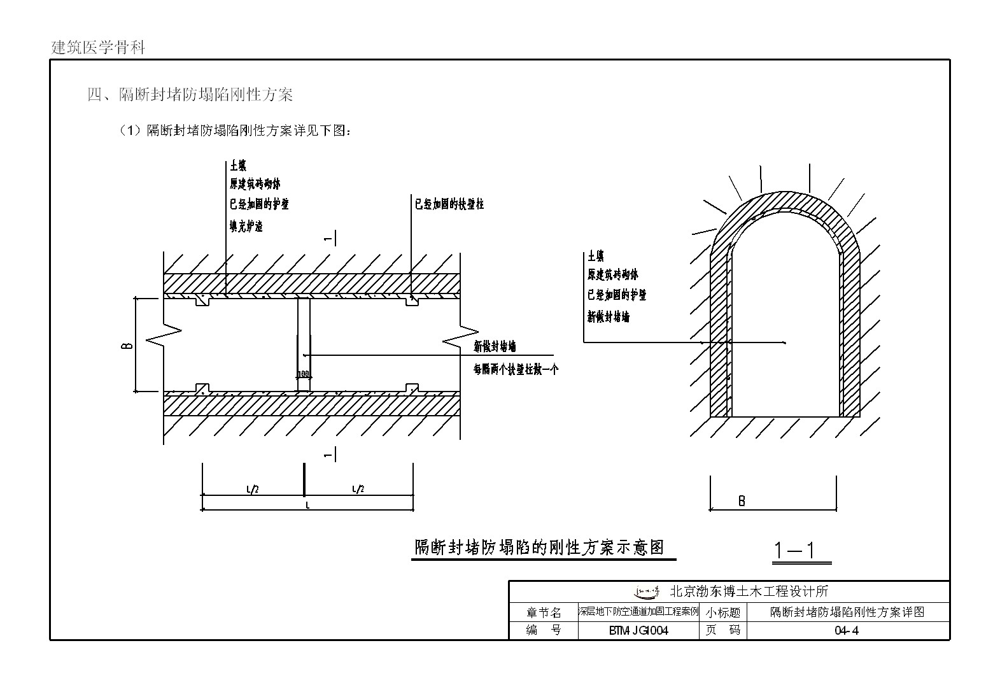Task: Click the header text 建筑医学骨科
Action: pyautogui.click(x=98, y=48)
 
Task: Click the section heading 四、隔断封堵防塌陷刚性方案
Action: pyautogui.click(x=190, y=95)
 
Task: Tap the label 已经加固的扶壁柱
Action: pyautogui.click(x=449, y=204)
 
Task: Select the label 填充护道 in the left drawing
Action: pyautogui.click(x=246, y=226)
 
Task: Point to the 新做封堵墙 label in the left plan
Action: pyautogui.click(x=495, y=346)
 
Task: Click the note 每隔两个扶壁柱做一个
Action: pyautogui.click(x=516, y=369)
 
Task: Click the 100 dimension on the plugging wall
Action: pyautogui.click(x=303, y=374)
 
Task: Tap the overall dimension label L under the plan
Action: pyautogui.click(x=307, y=505)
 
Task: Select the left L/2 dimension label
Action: pyautogui.click(x=252, y=489)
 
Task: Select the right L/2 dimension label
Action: pyautogui.click(x=358, y=489)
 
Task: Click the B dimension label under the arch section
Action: pyautogui.click(x=742, y=501)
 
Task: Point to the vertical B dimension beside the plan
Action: pyautogui.click(x=127, y=345)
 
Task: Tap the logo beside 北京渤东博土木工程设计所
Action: pyautogui.click(x=646, y=591)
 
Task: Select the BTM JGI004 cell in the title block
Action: pyautogui.click(x=638, y=631)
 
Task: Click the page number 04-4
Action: pyautogui.click(x=847, y=631)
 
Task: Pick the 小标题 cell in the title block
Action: pyautogui.click(x=723, y=612)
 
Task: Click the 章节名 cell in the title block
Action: pyautogui.click(x=544, y=612)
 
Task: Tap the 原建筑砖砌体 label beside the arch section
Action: pyautogui.click(x=612, y=274)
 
